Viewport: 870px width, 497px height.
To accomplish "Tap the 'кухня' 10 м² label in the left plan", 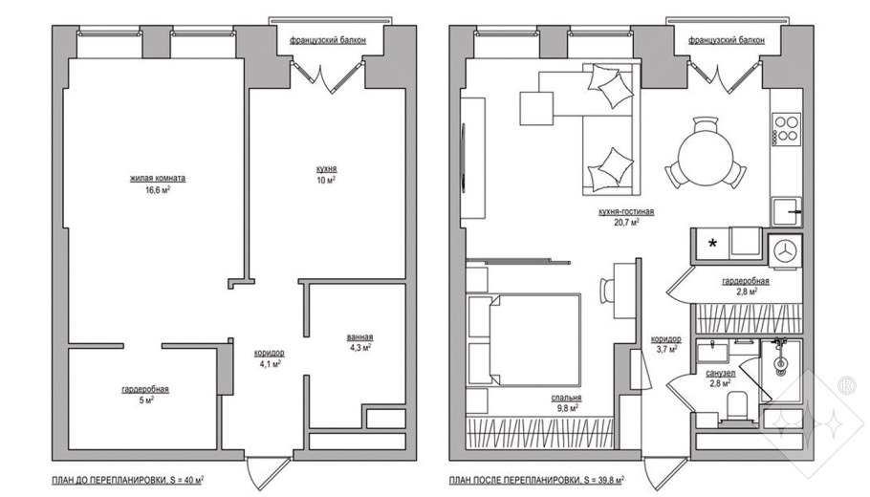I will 327,168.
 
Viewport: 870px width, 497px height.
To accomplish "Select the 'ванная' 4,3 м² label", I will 359,337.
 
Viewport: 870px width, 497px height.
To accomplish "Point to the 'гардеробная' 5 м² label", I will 145,389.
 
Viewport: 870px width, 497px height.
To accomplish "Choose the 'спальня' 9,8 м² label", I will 567,399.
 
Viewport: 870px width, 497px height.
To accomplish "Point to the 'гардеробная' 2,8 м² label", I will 746,282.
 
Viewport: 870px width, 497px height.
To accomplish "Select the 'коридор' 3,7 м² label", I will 665,339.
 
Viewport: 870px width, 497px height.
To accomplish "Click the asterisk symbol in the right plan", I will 712,245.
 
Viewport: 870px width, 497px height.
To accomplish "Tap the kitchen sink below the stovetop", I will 788,206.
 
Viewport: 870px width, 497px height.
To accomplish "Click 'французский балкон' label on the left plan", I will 328,40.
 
